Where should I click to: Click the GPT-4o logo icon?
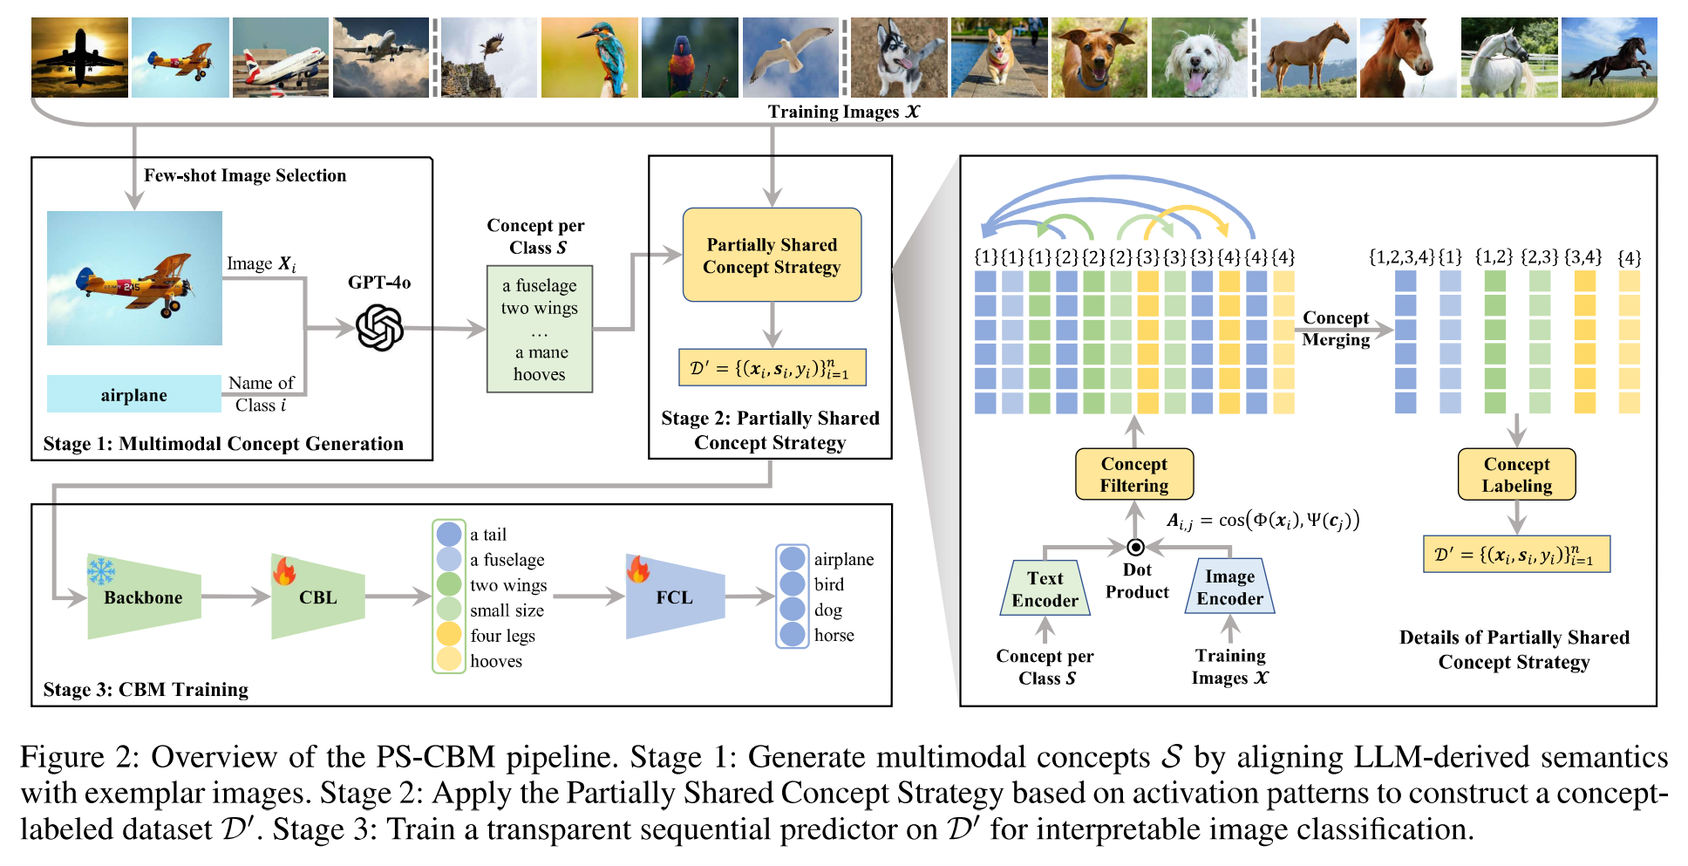(380, 328)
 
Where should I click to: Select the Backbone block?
(144, 597)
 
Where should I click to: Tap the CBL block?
(317, 597)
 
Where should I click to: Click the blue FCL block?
(675, 597)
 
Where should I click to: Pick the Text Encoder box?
(1045, 589)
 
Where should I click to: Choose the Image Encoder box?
(1229, 587)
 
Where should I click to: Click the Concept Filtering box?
(1134, 474)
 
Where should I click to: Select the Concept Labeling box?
(1517, 474)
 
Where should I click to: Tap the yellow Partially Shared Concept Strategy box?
(773, 255)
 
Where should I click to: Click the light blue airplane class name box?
(134, 394)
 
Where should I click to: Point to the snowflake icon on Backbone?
(101, 571)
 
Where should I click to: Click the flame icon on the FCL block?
(638, 569)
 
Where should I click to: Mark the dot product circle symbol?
(1135, 548)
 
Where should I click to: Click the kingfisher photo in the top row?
(589, 58)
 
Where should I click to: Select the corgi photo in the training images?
(999, 58)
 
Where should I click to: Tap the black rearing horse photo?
(1609, 58)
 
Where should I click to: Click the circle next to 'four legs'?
(449, 634)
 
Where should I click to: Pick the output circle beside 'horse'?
(793, 634)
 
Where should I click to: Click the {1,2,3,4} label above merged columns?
(1401, 257)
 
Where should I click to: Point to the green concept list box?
(540, 329)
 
